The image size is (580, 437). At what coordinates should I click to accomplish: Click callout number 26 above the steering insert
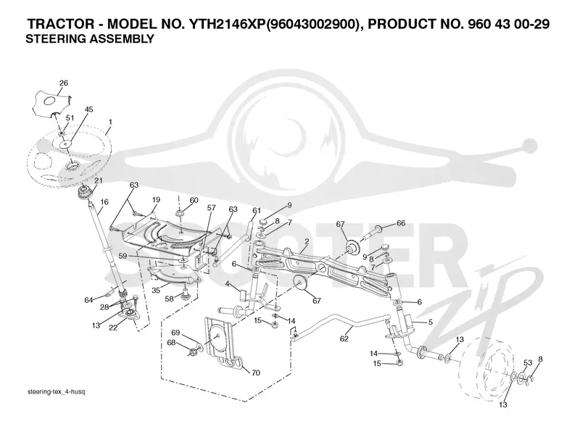pos(64,83)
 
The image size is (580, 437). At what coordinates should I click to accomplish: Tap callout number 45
pos(88,109)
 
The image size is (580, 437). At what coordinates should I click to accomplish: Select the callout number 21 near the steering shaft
pos(99,180)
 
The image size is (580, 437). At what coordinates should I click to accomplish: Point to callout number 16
pos(104,202)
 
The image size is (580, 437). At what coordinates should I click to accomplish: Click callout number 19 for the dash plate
pos(156,200)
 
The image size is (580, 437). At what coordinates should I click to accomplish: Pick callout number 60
pos(194,201)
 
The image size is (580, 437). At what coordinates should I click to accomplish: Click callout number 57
pos(211,208)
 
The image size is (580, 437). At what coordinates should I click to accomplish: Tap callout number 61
pos(257,210)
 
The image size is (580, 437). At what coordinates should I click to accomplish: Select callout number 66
pos(401,223)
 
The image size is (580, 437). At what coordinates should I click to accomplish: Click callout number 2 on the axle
pos(307,242)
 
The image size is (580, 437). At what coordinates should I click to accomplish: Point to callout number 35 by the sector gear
pos(156,290)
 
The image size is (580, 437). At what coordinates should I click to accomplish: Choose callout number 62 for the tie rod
pos(344,338)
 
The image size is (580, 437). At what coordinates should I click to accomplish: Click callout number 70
pos(256,373)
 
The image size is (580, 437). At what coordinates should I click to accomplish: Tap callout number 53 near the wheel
pos(528,362)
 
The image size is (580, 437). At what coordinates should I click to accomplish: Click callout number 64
pos(88,300)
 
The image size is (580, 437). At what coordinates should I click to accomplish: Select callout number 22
pos(113,327)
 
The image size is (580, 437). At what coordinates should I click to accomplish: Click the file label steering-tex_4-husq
pos(57,392)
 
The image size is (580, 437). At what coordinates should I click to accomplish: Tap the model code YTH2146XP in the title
pos(226,24)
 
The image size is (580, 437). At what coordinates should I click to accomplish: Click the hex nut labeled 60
pos(179,213)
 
